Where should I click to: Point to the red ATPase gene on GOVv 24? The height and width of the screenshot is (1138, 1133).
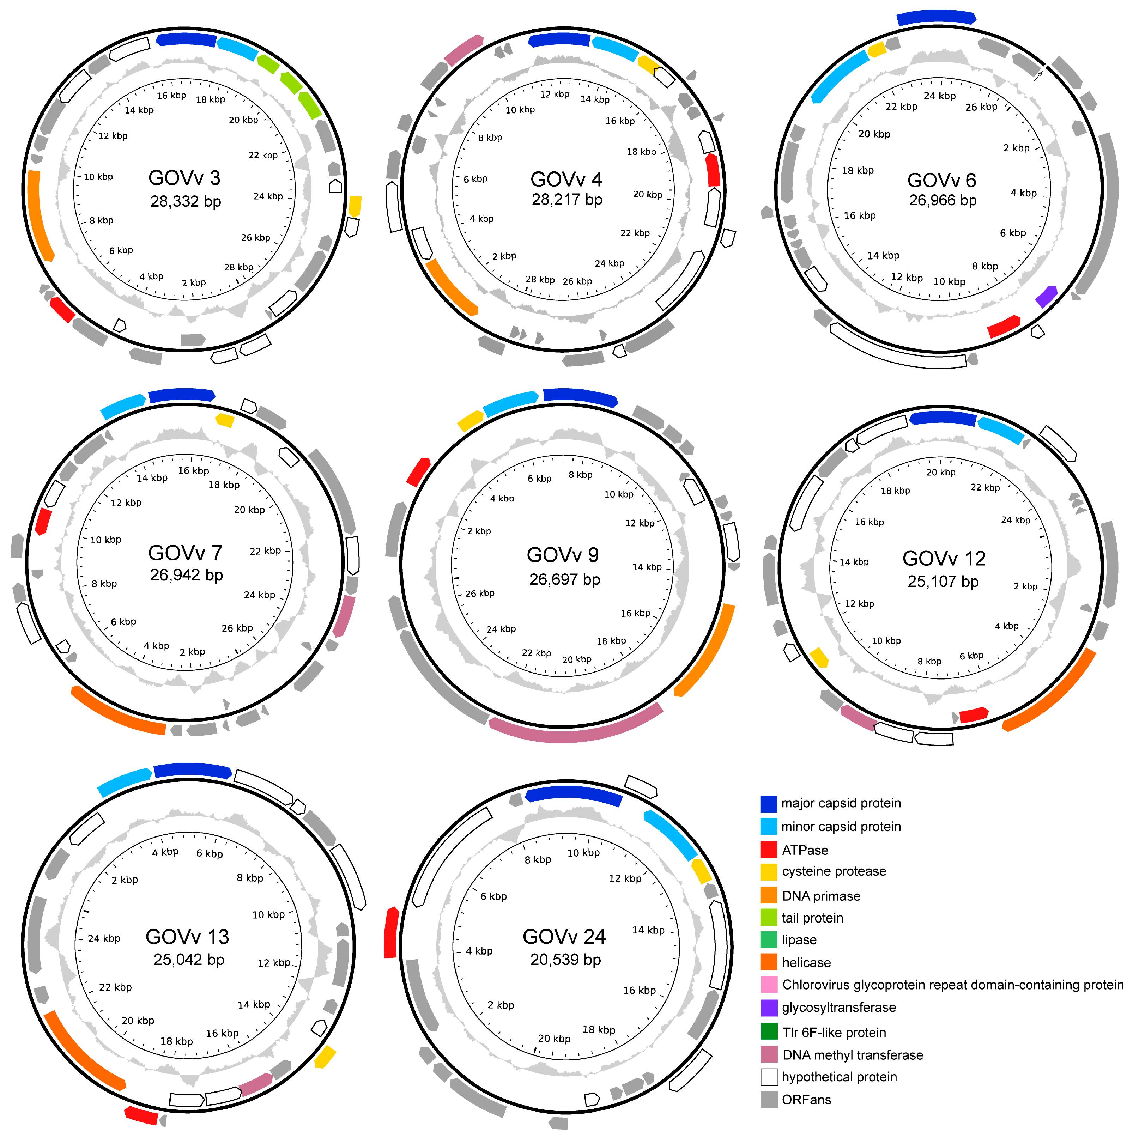click(x=390, y=932)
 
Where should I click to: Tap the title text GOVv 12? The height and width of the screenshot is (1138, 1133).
click(x=944, y=558)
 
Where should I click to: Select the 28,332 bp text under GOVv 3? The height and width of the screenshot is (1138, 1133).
click(x=186, y=201)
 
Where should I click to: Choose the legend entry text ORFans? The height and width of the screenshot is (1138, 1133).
click(x=806, y=1100)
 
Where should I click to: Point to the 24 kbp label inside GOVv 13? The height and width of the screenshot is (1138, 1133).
click(x=104, y=938)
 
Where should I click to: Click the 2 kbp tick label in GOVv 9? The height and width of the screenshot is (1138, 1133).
click(x=479, y=531)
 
